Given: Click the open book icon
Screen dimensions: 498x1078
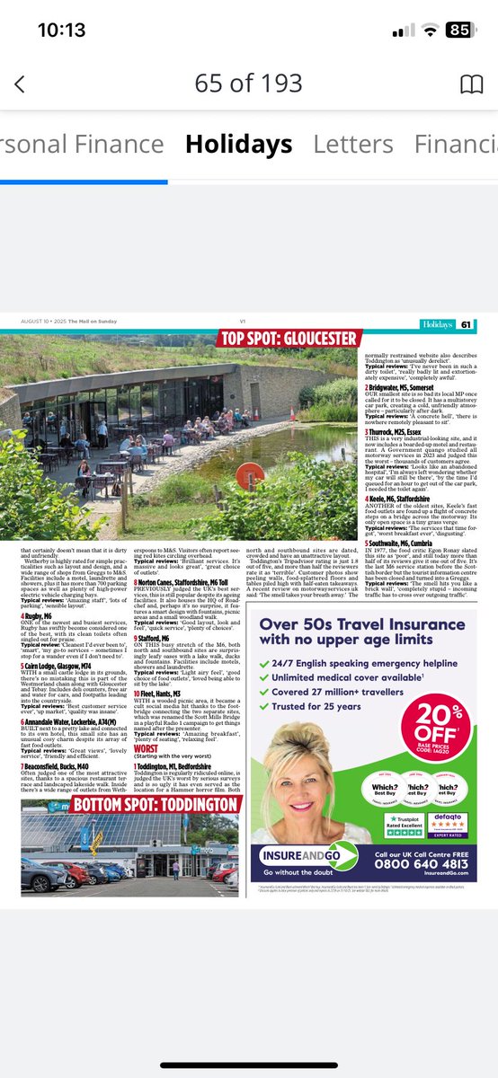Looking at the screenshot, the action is (x=471, y=84).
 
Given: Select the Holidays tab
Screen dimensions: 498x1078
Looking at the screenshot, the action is (x=238, y=144).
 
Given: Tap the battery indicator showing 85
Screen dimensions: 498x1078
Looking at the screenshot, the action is (x=459, y=30).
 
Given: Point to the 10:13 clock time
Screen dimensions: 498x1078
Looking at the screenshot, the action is (x=62, y=30).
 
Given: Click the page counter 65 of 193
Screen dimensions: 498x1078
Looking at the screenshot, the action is (x=249, y=84).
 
